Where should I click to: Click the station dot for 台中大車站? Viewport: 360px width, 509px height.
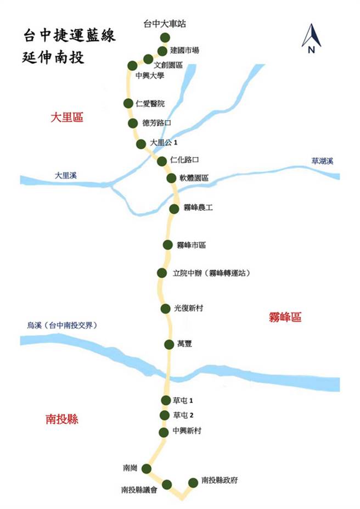[x=165, y=37]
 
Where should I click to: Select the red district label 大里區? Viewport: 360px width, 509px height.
[x=66, y=117]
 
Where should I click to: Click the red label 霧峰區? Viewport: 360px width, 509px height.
[x=285, y=317]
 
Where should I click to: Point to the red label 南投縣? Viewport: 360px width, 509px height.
[x=61, y=419]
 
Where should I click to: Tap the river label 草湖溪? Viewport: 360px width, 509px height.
[x=323, y=161]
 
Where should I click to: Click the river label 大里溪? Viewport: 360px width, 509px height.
[x=66, y=175]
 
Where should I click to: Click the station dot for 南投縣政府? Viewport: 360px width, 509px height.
[x=193, y=482]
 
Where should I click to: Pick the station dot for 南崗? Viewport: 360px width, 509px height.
[x=147, y=468]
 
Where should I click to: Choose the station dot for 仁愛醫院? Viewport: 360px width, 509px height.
[x=128, y=103]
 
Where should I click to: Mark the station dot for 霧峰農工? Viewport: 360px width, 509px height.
[x=174, y=209]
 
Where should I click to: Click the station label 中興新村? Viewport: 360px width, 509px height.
[x=187, y=432]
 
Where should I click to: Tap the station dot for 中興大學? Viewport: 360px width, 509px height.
[x=132, y=65]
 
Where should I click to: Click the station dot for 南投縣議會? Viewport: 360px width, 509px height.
[x=167, y=484]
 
